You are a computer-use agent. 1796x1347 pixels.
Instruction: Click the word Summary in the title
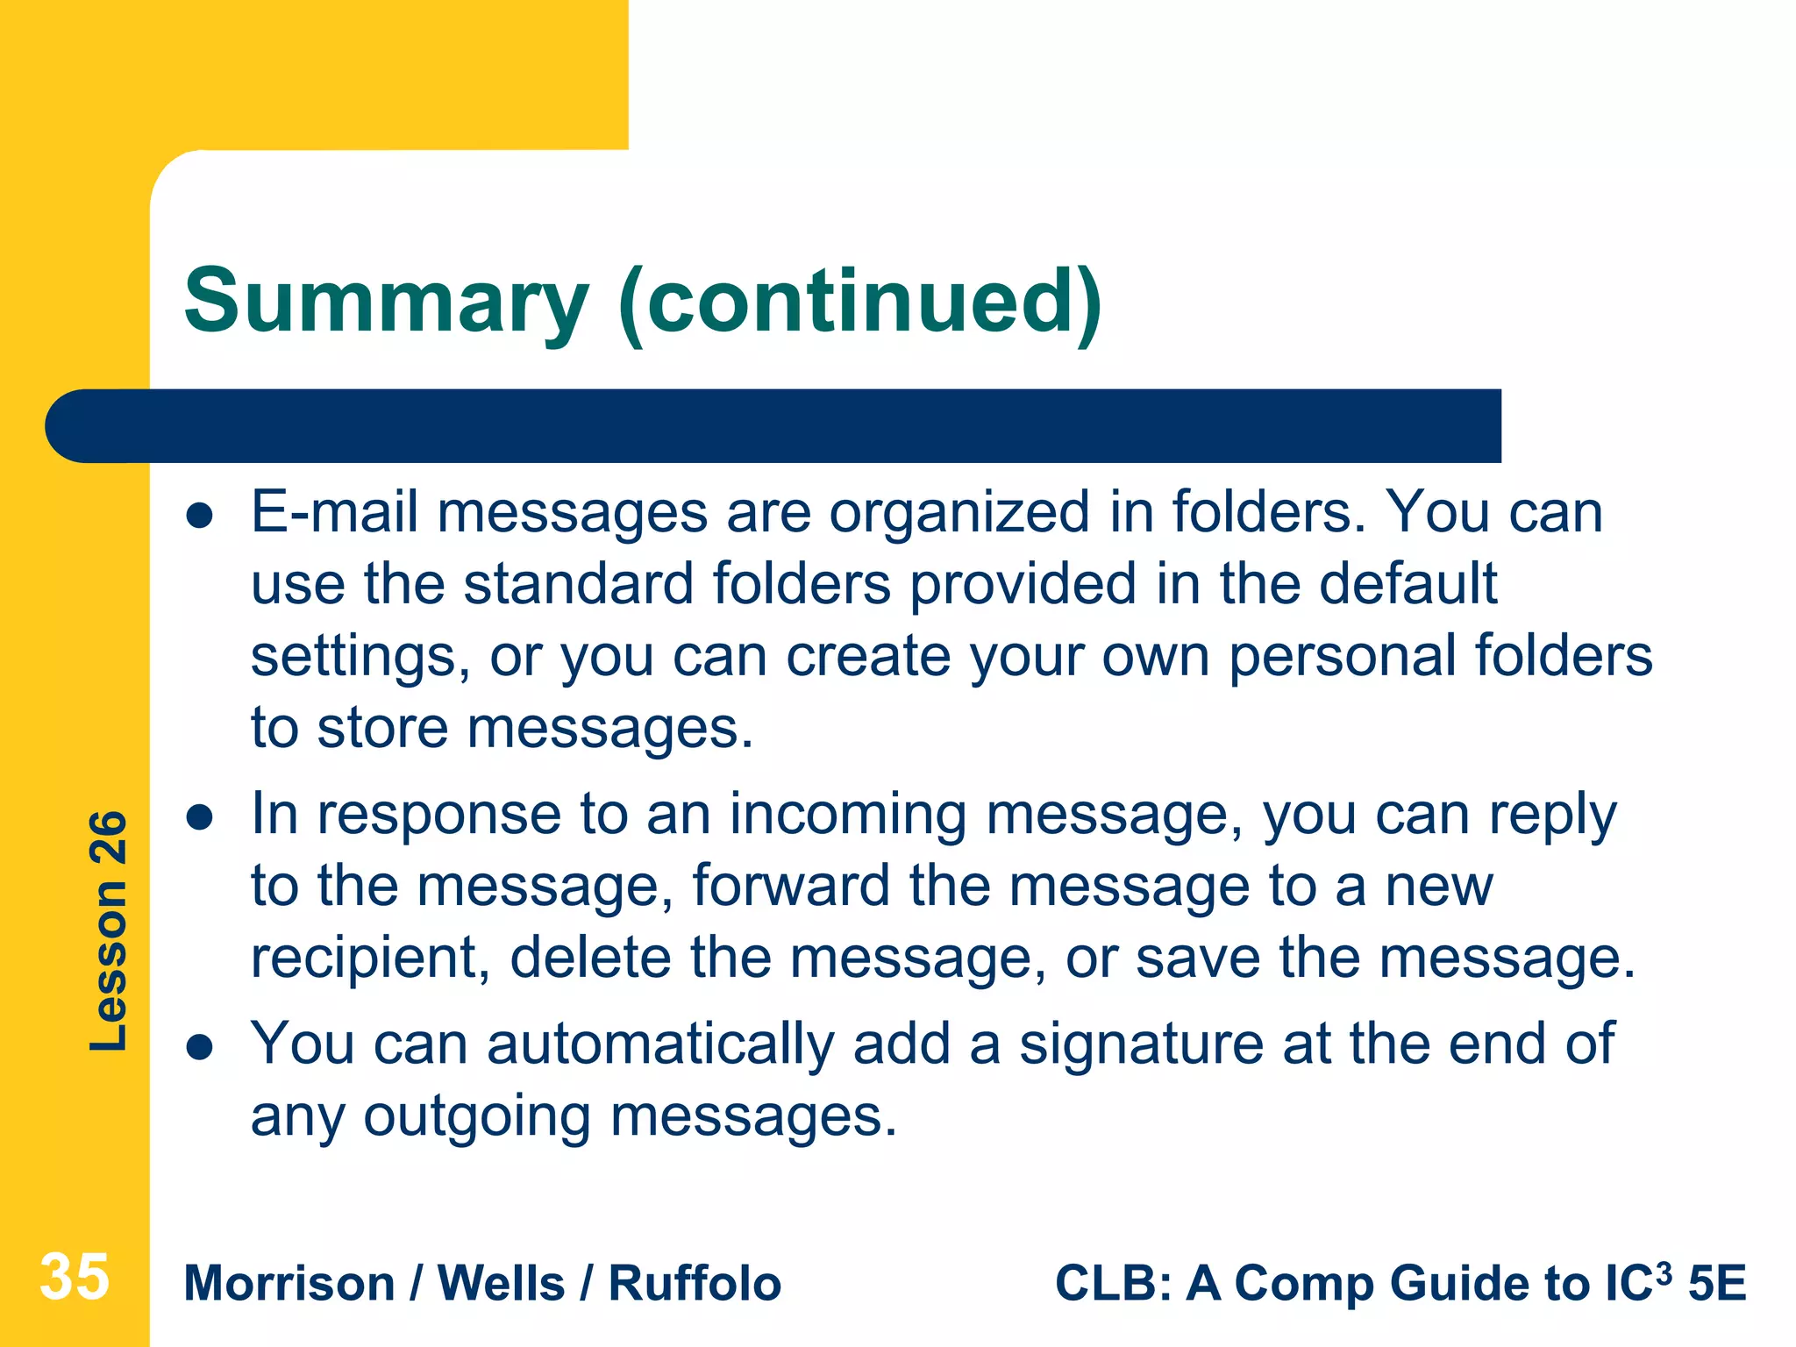pyautogui.click(x=386, y=303)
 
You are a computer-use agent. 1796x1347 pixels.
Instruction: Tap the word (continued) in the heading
pyautogui.click(x=859, y=303)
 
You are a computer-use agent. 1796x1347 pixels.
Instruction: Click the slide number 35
pyautogui.click(x=75, y=1278)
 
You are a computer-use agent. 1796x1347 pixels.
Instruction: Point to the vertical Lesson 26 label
pyautogui.click(x=109, y=931)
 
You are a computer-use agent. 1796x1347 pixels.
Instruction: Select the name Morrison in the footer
pyautogui.click(x=289, y=1284)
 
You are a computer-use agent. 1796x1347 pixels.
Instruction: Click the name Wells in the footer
pyautogui.click(x=501, y=1284)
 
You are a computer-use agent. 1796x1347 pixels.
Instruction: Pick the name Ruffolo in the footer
pyautogui.click(x=695, y=1284)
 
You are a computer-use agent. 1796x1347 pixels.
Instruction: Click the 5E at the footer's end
pyautogui.click(x=1717, y=1284)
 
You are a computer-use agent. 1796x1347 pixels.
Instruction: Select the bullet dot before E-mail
pyautogui.click(x=200, y=516)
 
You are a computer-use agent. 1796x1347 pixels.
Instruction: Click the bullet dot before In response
pyautogui.click(x=200, y=818)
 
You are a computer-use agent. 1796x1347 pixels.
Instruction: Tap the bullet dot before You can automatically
pyautogui.click(x=200, y=1047)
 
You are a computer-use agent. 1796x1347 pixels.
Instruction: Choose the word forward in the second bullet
pyautogui.click(x=792, y=886)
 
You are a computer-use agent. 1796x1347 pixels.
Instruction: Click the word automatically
pyautogui.click(x=660, y=1045)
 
